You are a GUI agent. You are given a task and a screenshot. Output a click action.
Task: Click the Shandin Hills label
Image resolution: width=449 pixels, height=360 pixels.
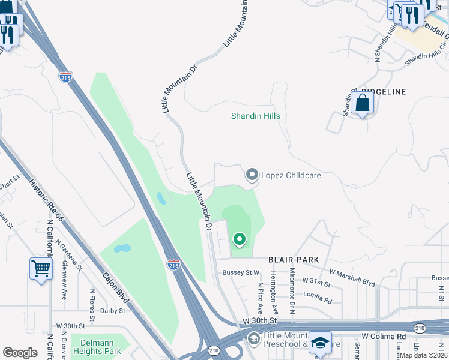click(x=256, y=116)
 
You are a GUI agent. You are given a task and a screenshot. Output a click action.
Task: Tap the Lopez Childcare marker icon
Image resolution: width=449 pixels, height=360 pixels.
click(x=252, y=175)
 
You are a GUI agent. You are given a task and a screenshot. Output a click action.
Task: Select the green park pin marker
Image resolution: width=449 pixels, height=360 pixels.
click(x=240, y=240)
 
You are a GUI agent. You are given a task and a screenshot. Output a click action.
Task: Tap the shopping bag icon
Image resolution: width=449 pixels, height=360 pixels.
click(x=363, y=103)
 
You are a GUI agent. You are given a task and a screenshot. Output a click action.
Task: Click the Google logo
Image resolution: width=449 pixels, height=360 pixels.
click(x=20, y=353)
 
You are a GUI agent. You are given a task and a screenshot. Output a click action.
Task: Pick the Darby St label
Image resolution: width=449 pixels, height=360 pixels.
click(x=112, y=311)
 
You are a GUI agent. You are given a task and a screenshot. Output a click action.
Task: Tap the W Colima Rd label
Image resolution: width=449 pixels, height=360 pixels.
click(x=384, y=337)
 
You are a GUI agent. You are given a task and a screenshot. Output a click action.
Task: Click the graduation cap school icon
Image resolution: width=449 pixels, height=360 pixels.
click(x=321, y=342)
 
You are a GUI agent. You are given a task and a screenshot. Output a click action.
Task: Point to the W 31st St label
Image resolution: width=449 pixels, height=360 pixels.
click(x=316, y=280)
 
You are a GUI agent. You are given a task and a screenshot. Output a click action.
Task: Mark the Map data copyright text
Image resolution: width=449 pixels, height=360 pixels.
click(x=424, y=355)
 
